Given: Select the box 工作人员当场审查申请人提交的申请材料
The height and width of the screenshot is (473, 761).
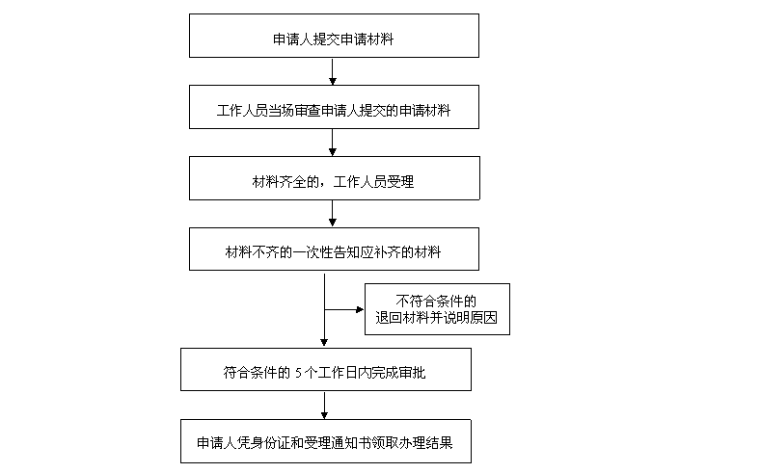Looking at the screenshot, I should (x=333, y=109).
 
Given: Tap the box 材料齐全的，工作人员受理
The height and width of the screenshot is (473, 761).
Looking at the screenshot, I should (x=333, y=179).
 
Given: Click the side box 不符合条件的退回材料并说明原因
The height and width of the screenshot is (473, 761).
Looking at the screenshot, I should (x=436, y=308).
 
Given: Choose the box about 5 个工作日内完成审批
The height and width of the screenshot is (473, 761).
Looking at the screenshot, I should (x=326, y=370).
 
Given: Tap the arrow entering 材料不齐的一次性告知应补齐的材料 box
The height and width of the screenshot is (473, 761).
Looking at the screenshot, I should (x=332, y=213).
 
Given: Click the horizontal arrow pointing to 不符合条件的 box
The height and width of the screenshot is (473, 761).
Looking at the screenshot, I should (x=345, y=309).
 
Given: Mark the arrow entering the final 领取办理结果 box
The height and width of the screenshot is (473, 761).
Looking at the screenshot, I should (x=324, y=405).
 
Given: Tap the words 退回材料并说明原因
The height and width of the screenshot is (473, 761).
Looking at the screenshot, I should (x=437, y=317).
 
